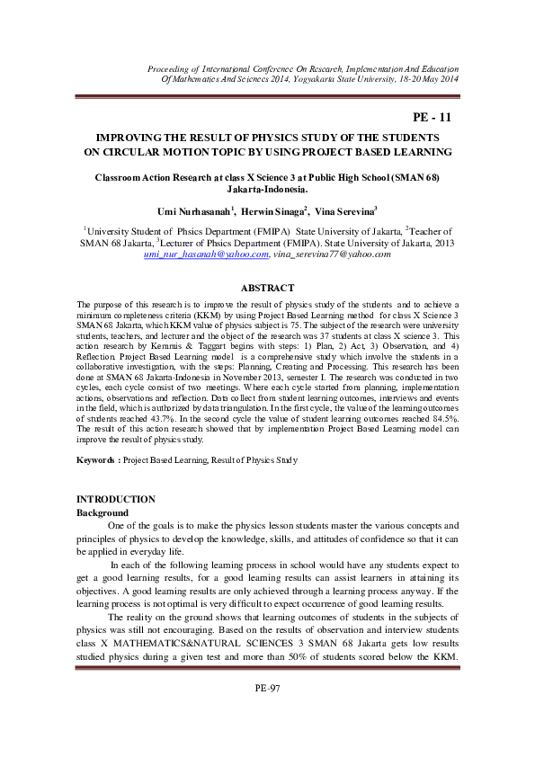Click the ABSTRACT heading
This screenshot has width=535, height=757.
pos(267,288)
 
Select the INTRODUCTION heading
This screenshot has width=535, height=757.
pos(116,499)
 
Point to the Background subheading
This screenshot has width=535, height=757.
pos(103,512)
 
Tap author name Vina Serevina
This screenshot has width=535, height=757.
pos(345,210)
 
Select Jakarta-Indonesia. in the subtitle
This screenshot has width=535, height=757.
pos(267,190)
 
